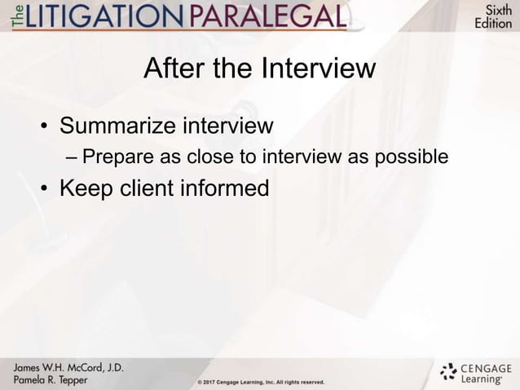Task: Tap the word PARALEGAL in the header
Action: point(276,16)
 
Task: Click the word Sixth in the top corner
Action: point(494,10)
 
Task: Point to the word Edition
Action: point(494,24)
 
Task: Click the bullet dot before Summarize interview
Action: point(46,128)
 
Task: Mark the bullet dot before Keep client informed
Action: point(46,188)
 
